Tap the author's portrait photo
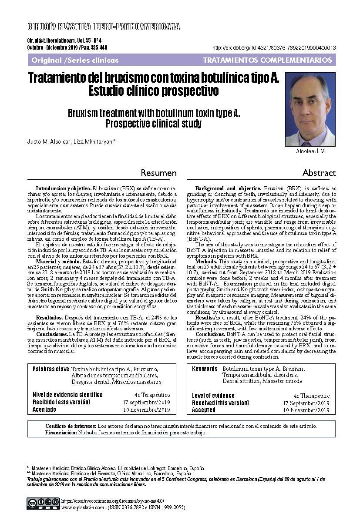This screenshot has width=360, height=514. [x=310, y=109]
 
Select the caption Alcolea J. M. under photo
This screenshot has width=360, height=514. [x=311, y=151]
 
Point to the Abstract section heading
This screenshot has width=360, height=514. [x=319, y=173]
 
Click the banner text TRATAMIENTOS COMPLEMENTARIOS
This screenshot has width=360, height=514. [x=267, y=60]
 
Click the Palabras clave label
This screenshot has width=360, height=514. [x=50, y=369]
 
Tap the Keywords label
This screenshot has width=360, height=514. [x=205, y=369]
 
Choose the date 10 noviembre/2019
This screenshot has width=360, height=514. [x=146, y=410]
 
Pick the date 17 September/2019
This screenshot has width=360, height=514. [x=306, y=403]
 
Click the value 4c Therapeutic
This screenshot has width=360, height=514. [x=311, y=396]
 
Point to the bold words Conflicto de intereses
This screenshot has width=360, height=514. [x=71, y=426]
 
